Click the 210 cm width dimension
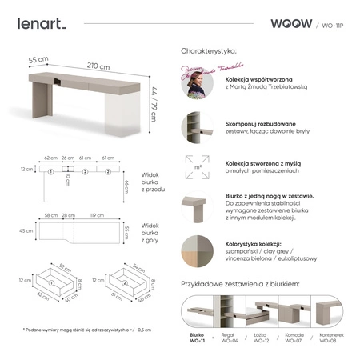click(x=98, y=66)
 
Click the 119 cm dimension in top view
click(x=98, y=216)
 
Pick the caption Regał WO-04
click(x=228, y=340)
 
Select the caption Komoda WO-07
click(x=293, y=340)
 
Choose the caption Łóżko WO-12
click(x=260, y=340)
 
